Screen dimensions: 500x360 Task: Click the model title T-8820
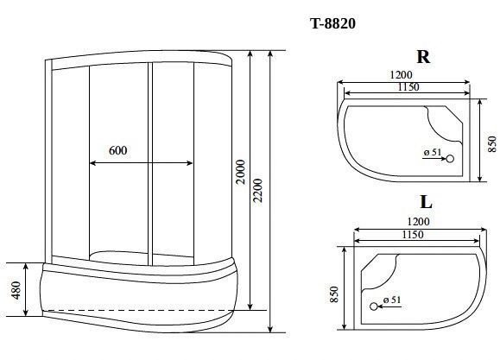333,23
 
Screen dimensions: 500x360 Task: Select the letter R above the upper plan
423,57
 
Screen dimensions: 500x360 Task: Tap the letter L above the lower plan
426,202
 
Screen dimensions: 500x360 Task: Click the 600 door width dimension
118,150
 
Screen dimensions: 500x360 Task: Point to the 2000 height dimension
241,172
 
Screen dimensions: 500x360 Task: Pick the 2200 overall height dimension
257,191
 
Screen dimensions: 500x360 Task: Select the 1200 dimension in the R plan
401,74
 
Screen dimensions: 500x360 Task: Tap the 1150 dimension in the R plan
408,86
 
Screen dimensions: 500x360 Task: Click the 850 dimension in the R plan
492,144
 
